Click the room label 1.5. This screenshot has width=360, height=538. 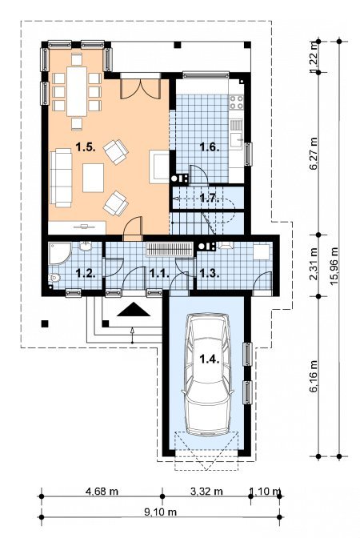click(86, 147)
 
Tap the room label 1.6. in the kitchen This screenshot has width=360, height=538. click(210, 147)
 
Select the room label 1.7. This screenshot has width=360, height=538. click(210, 198)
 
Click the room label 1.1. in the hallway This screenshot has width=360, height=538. click(160, 274)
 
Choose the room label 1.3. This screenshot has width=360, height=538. click(210, 274)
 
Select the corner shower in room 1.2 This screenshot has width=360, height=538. click(59, 253)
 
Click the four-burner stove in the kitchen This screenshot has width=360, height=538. click(236, 102)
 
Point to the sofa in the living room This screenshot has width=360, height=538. click(61, 178)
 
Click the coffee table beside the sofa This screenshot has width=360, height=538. click(94, 178)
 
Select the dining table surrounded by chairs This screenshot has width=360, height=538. click(77, 91)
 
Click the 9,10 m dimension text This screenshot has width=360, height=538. click(161, 512)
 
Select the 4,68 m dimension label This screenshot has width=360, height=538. click(102, 492)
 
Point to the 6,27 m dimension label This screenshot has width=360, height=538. click(314, 154)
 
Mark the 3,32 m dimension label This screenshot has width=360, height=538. click(206, 492)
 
